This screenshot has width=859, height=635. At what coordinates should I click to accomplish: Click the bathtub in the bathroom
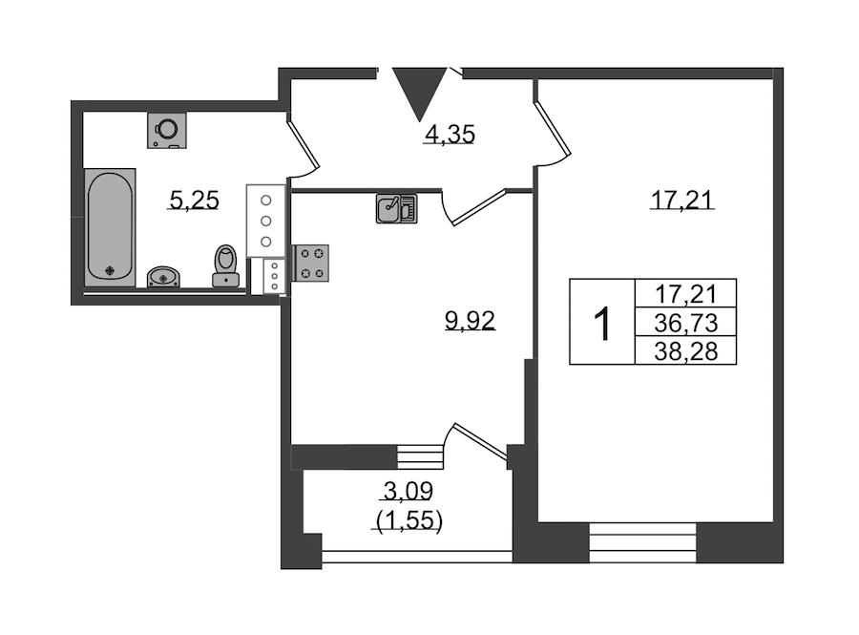(x=110, y=227)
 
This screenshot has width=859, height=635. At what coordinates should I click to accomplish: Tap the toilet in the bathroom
(x=225, y=265)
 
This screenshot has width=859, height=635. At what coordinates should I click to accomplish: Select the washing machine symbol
(x=167, y=131)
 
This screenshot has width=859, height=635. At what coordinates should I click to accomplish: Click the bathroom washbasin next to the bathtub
(x=163, y=277)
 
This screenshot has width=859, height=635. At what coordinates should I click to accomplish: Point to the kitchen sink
(x=397, y=209)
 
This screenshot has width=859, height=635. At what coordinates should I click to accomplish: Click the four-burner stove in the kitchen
(x=311, y=263)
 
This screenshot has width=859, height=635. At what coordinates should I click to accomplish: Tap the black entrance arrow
(x=420, y=94)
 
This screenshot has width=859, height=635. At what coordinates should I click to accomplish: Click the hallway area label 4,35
(x=450, y=135)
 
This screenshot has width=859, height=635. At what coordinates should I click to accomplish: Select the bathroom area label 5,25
(x=195, y=200)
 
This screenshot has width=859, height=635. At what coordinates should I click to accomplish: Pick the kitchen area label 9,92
(x=470, y=321)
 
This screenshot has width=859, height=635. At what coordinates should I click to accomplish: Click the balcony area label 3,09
(x=409, y=492)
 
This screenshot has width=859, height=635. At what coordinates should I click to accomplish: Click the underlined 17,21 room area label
(x=682, y=200)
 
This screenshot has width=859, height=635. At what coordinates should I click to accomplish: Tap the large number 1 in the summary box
(x=602, y=325)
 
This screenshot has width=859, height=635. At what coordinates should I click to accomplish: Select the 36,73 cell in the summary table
(x=685, y=324)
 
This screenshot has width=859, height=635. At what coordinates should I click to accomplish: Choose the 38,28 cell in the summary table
(x=685, y=351)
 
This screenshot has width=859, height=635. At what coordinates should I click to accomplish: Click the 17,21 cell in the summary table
(x=685, y=294)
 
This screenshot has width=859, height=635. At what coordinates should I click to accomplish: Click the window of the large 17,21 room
(x=642, y=542)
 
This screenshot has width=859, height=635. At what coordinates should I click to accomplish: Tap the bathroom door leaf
(x=303, y=144)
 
